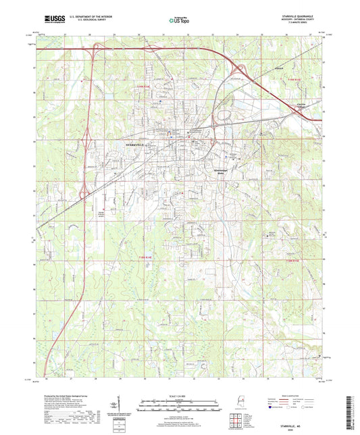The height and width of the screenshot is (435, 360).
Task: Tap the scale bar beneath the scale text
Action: (180, 403)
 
